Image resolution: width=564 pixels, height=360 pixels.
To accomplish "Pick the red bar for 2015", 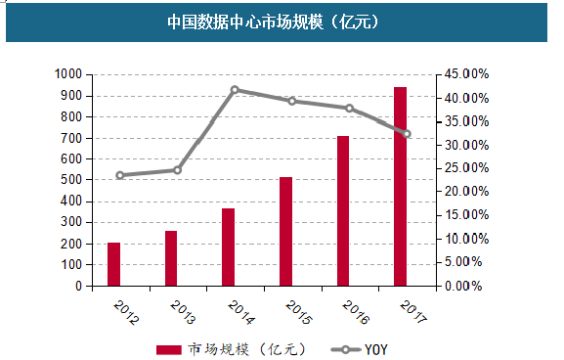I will (x=285, y=232).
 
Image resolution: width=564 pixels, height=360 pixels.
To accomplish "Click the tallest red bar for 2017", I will (x=400, y=187).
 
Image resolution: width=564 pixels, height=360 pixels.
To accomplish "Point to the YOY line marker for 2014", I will (x=235, y=90).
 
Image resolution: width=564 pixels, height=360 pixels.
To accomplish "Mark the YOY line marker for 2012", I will (x=120, y=176).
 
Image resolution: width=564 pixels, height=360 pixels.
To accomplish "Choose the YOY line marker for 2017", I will (x=407, y=134).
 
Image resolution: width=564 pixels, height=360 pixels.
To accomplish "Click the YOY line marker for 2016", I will (x=349, y=108).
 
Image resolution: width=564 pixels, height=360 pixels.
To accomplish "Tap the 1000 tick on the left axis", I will (x=67, y=74).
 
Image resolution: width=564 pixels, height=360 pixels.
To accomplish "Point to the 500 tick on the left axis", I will (x=70, y=181).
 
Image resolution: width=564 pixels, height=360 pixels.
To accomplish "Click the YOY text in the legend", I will (x=377, y=349).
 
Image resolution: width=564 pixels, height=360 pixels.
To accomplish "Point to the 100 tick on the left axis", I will (x=70, y=266).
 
